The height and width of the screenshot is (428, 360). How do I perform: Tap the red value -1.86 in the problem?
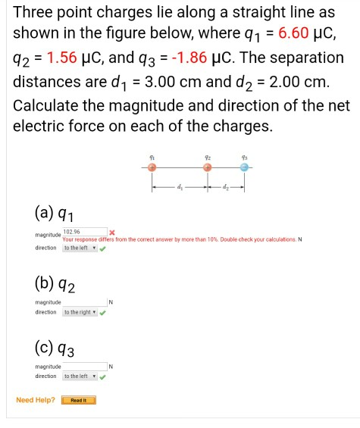click(x=186, y=58)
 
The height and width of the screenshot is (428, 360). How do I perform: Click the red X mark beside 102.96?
click(x=111, y=232)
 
